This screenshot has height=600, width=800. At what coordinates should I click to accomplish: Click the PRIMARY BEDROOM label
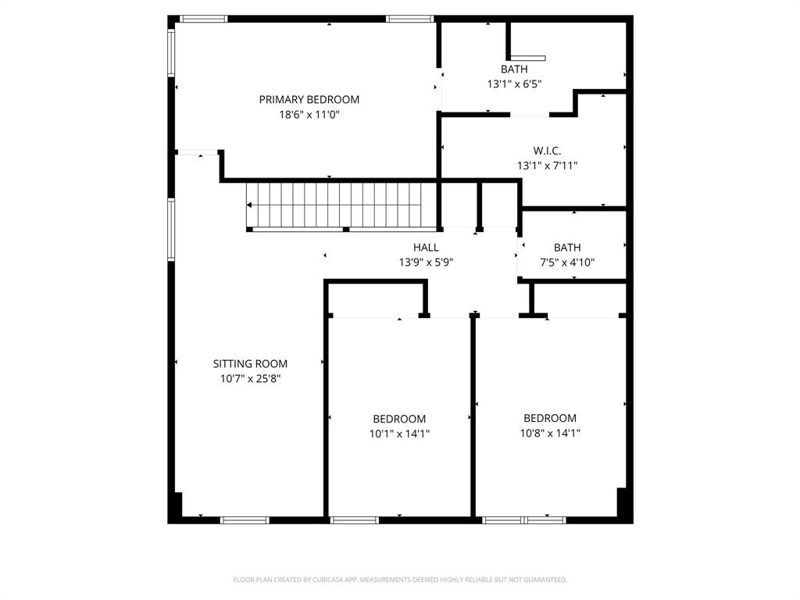[309, 99]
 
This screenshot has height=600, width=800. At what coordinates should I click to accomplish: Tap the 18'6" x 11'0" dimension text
[309, 114]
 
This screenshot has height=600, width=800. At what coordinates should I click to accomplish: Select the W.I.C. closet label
[547, 151]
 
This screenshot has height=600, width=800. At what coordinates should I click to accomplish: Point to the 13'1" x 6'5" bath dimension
[514, 84]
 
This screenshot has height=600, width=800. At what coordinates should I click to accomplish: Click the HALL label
[426, 248]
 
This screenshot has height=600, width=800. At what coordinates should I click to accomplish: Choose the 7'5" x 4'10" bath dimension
[567, 262]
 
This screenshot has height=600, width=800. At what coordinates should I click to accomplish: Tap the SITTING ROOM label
[250, 363]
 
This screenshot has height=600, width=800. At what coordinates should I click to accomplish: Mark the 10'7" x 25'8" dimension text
[250, 378]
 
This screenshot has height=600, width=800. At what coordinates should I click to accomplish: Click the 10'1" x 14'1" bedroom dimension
[399, 434]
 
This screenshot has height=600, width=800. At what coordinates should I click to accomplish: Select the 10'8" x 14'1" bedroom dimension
[550, 433]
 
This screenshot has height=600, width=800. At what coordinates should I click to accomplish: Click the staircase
[334, 205]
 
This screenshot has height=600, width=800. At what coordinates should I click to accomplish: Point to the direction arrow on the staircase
[250, 205]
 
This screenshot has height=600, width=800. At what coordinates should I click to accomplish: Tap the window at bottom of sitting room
[245, 520]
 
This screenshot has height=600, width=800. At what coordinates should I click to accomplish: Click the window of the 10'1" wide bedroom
[355, 520]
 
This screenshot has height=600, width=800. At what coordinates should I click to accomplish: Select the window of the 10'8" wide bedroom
[523, 520]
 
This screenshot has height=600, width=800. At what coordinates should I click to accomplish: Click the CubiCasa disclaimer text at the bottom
[400, 580]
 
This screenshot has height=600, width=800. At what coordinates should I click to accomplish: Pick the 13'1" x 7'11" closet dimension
[547, 166]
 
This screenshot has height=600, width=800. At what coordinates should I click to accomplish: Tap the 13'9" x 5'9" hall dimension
[426, 262]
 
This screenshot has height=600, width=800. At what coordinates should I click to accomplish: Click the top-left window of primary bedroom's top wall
[203, 19]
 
